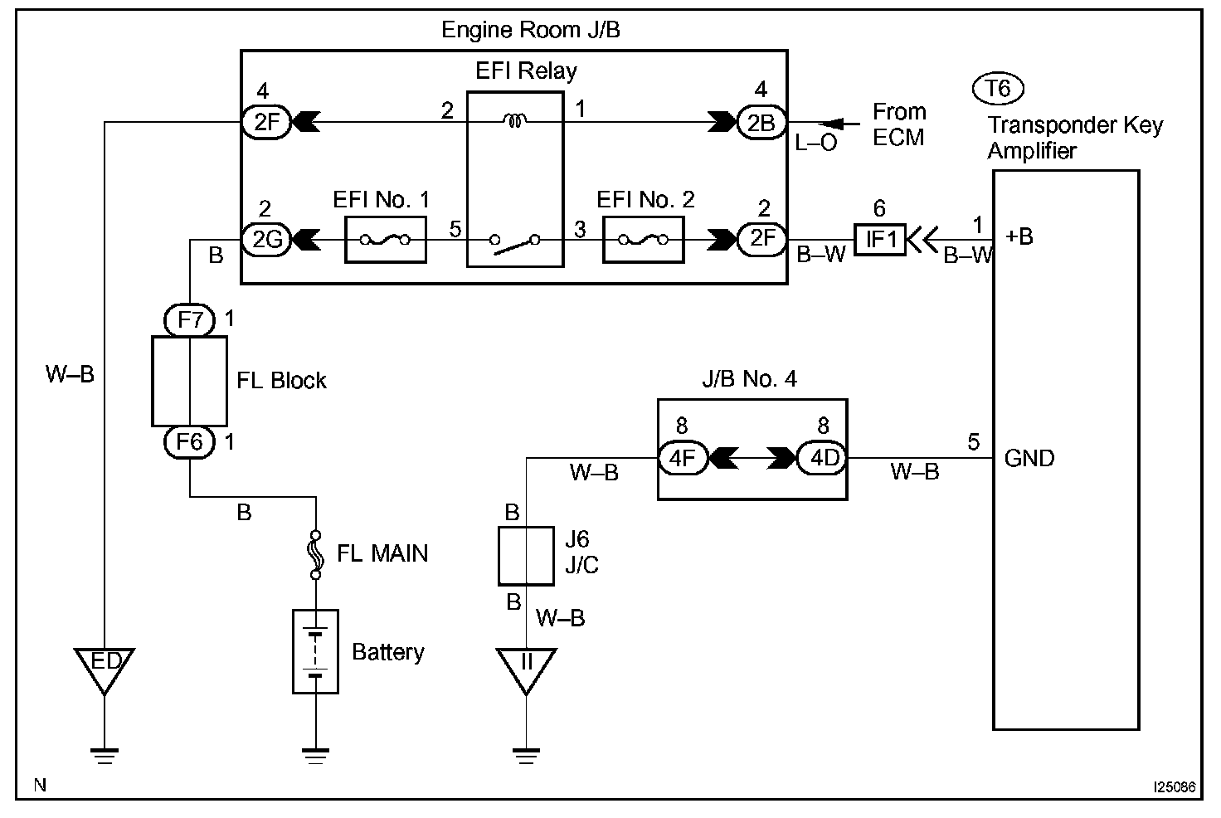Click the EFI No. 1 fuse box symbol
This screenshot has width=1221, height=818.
coord(385,240)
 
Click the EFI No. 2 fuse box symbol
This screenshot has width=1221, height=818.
coord(644,240)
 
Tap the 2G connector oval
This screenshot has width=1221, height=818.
coord(265,240)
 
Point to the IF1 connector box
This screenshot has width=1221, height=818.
coord(880,240)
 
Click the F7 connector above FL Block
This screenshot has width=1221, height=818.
coord(190,319)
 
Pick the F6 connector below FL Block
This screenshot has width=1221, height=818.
coord(190,441)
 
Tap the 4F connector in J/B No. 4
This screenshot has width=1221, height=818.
coord(683,457)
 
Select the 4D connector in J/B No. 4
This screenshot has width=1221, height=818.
coord(822,457)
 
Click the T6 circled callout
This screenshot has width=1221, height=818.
coord(998,88)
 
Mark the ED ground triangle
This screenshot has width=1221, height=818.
coord(105,667)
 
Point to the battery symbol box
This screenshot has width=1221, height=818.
coord(316,651)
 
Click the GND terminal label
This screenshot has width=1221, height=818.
coord(1029,458)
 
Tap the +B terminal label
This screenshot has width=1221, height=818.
coord(1019,236)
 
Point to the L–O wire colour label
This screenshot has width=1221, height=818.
coord(816,143)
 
